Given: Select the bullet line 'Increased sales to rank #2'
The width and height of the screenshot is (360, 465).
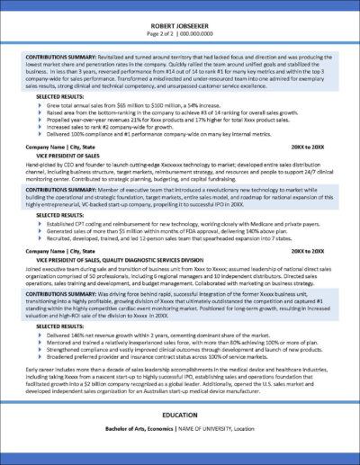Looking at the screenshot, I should point(117,129).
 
